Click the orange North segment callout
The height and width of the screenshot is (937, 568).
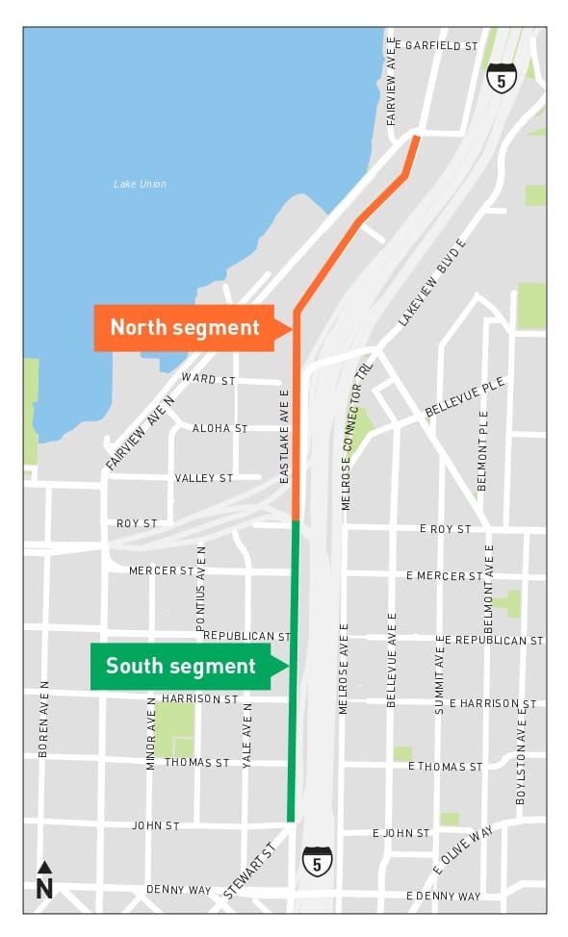pos(185,328)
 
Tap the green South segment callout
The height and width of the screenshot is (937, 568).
pos(181,667)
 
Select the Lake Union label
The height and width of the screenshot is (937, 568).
pos(140,184)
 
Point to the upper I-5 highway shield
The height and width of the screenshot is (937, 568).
pos(502,77)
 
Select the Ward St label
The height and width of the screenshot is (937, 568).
pos(208,380)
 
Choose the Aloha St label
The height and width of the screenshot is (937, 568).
pos(219,428)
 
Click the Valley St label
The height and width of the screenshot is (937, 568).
pos(204,478)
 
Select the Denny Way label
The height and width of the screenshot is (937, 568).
pos(178,890)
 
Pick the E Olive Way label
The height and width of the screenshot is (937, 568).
pos(463,849)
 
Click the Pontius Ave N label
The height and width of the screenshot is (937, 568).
pos(201,588)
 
